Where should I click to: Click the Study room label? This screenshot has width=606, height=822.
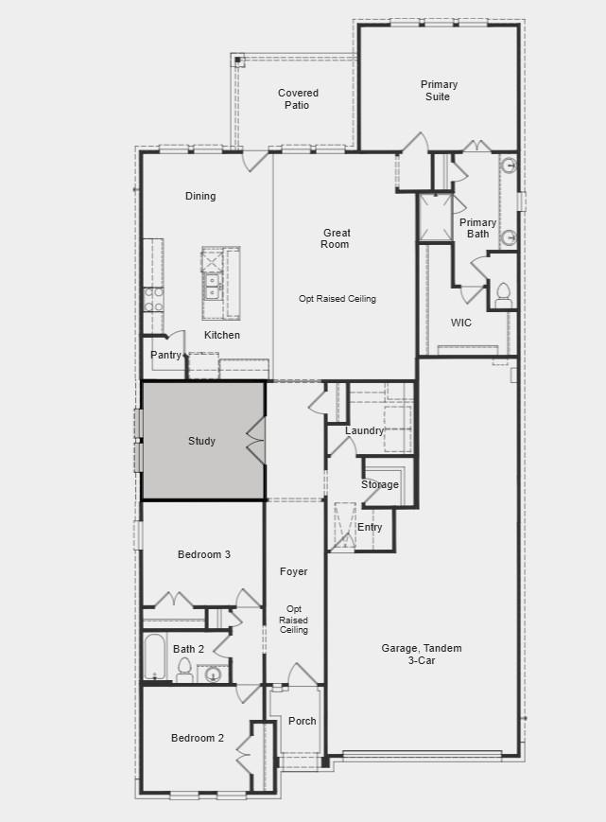pyautogui.click(x=201, y=441)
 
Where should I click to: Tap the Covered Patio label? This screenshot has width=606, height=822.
pyautogui.click(x=298, y=99)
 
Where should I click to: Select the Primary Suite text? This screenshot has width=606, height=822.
pyautogui.click(x=440, y=91)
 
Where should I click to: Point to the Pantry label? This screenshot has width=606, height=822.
pyautogui.click(x=165, y=355)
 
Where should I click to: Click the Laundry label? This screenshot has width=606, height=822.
pyautogui.click(x=365, y=431)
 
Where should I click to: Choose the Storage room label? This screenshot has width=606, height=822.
pyautogui.click(x=380, y=485)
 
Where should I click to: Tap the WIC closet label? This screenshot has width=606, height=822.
pyautogui.click(x=461, y=324)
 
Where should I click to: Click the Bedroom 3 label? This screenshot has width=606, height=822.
pyautogui.click(x=204, y=554)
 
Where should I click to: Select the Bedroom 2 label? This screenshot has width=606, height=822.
pyautogui.click(x=198, y=738)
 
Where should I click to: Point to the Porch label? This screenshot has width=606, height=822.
pyautogui.click(x=303, y=721)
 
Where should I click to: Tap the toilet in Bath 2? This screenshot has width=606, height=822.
pyautogui.click(x=185, y=671)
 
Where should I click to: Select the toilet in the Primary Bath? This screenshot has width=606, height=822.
pyautogui.click(x=503, y=293)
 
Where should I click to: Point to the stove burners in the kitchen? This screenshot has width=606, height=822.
pyautogui.click(x=153, y=299)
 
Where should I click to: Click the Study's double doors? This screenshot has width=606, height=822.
pyautogui.click(x=255, y=441)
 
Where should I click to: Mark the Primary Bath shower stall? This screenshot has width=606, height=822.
pyautogui.click(x=435, y=219)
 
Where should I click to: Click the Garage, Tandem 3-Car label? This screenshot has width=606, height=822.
pyautogui.click(x=422, y=654)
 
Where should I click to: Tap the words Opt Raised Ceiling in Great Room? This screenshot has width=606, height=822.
pyautogui.click(x=338, y=299)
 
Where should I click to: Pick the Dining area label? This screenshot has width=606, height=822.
pyautogui.click(x=200, y=196)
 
